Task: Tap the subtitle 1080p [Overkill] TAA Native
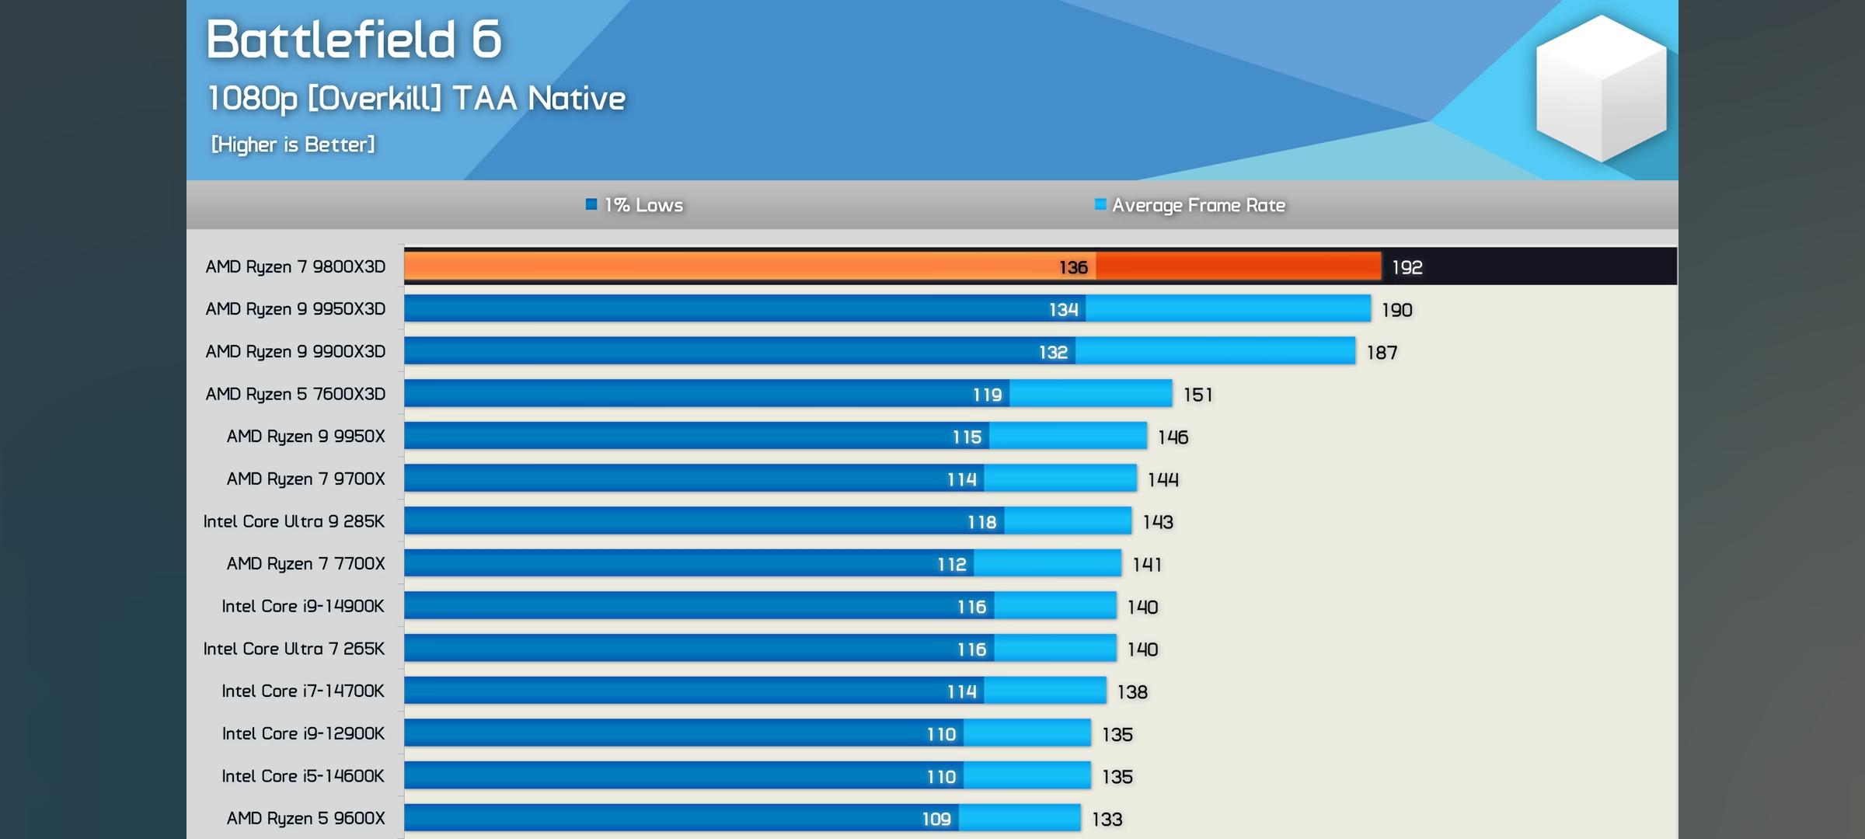(x=417, y=99)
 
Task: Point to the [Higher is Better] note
(x=293, y=144)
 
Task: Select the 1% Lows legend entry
(x=635, y=205)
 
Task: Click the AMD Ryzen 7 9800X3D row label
(x=295, y=266)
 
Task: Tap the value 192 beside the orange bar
(x=1407, y=267)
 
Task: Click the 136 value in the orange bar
(x=1073, y=267)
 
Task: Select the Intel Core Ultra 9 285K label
(x=294, y=521)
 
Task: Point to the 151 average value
(x=1197, y=395)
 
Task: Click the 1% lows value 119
(x=987, y=395)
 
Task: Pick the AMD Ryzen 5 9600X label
(x=305, y=818)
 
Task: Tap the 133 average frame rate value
(x=1107, y=819)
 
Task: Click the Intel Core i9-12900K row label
(x=303, y=733)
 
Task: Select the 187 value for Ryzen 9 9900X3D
(x=1382, y=353)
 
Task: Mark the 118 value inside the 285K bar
(x=981, y=522)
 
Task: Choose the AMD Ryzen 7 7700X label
(x=305, y=563)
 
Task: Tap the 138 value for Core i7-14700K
(x=1132, y=691)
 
